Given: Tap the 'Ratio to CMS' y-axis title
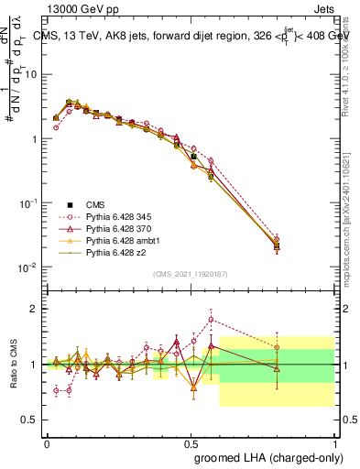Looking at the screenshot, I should pyautogui.click(x=12, y=364).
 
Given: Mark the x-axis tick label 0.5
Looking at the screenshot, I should pyautogui.click(x=191, y=441).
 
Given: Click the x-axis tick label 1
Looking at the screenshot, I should pyautogui.click(x=333, y=441).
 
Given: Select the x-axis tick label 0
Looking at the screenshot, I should pyautogui.click(x=47, y=441).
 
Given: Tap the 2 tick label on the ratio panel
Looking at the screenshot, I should pyautogui.click(x=35, y=309).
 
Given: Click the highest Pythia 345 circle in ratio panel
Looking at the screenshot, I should pyautogui.click(x=212, y=320).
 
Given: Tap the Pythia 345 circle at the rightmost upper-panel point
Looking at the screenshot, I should pyautogui.click(x=277, y=238).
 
